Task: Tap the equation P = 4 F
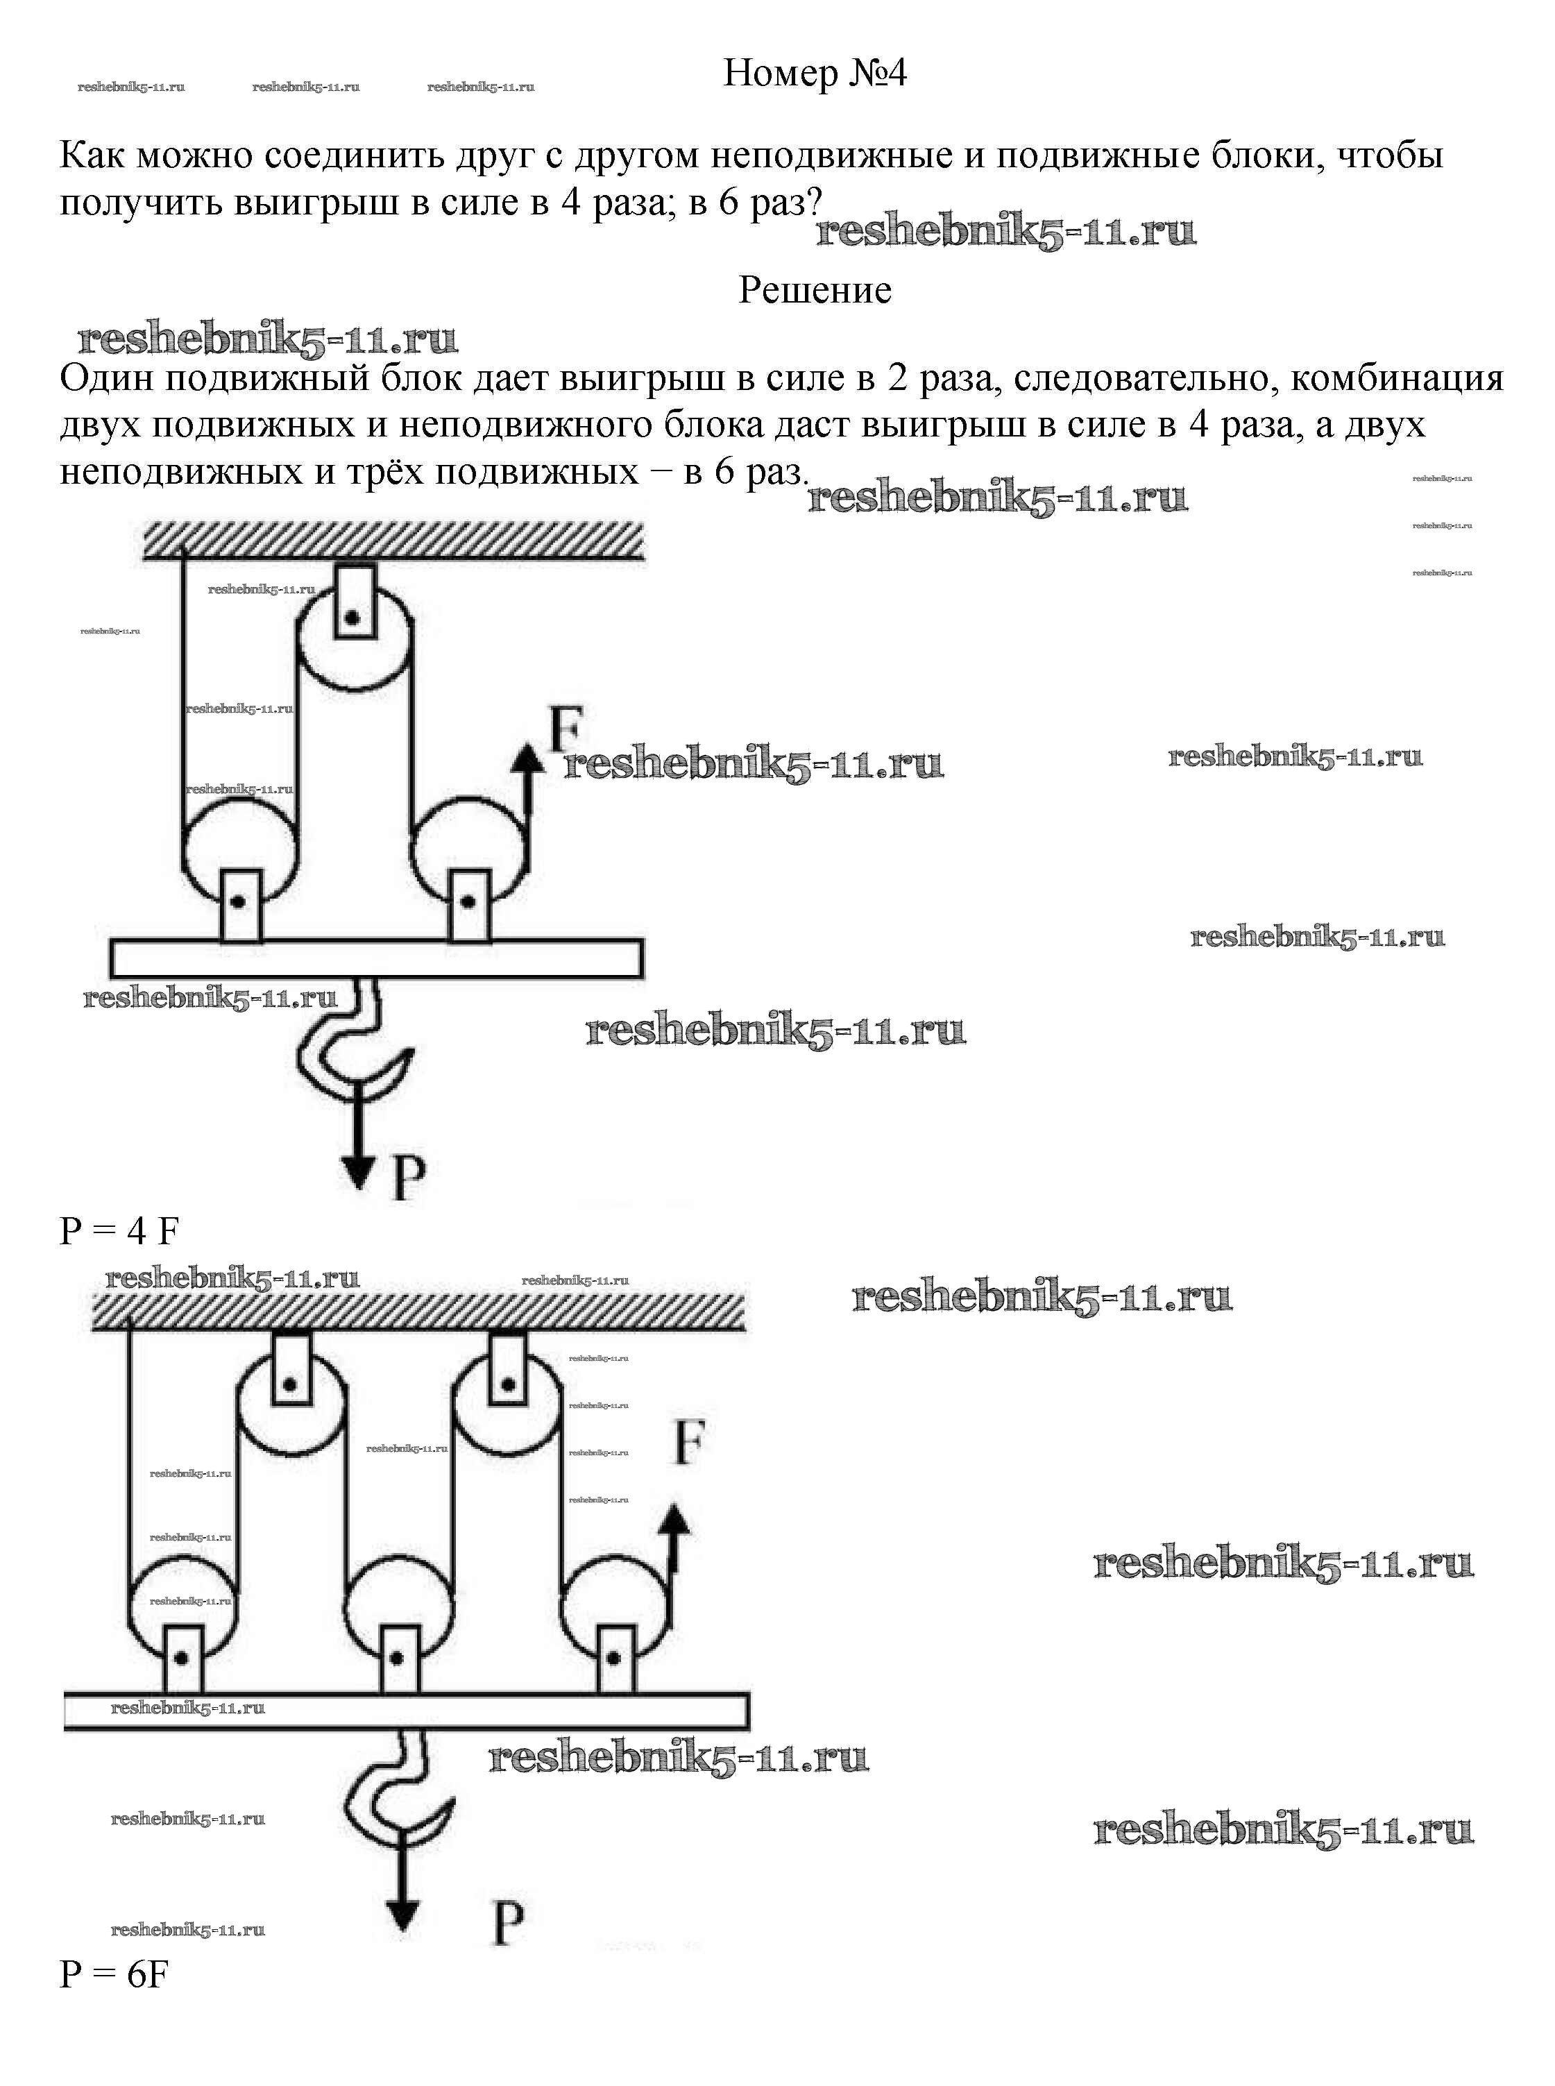[x=119, y=1231]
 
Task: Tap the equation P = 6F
[x=114, y=1975]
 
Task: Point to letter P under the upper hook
[x=407, y=1178]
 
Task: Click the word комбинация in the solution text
[x=1396, y=378]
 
